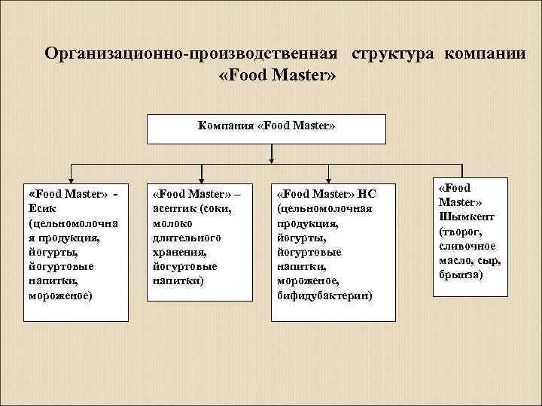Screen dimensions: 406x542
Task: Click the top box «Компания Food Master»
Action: click(x=266, y=128)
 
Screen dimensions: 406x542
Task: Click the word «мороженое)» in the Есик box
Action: click(x=60, y=295)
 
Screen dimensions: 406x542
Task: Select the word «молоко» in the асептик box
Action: click(x=172, y=223)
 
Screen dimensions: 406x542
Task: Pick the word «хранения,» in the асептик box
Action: click(x=178, y=252)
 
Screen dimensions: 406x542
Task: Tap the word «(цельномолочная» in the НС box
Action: click(x=324, y=208)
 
